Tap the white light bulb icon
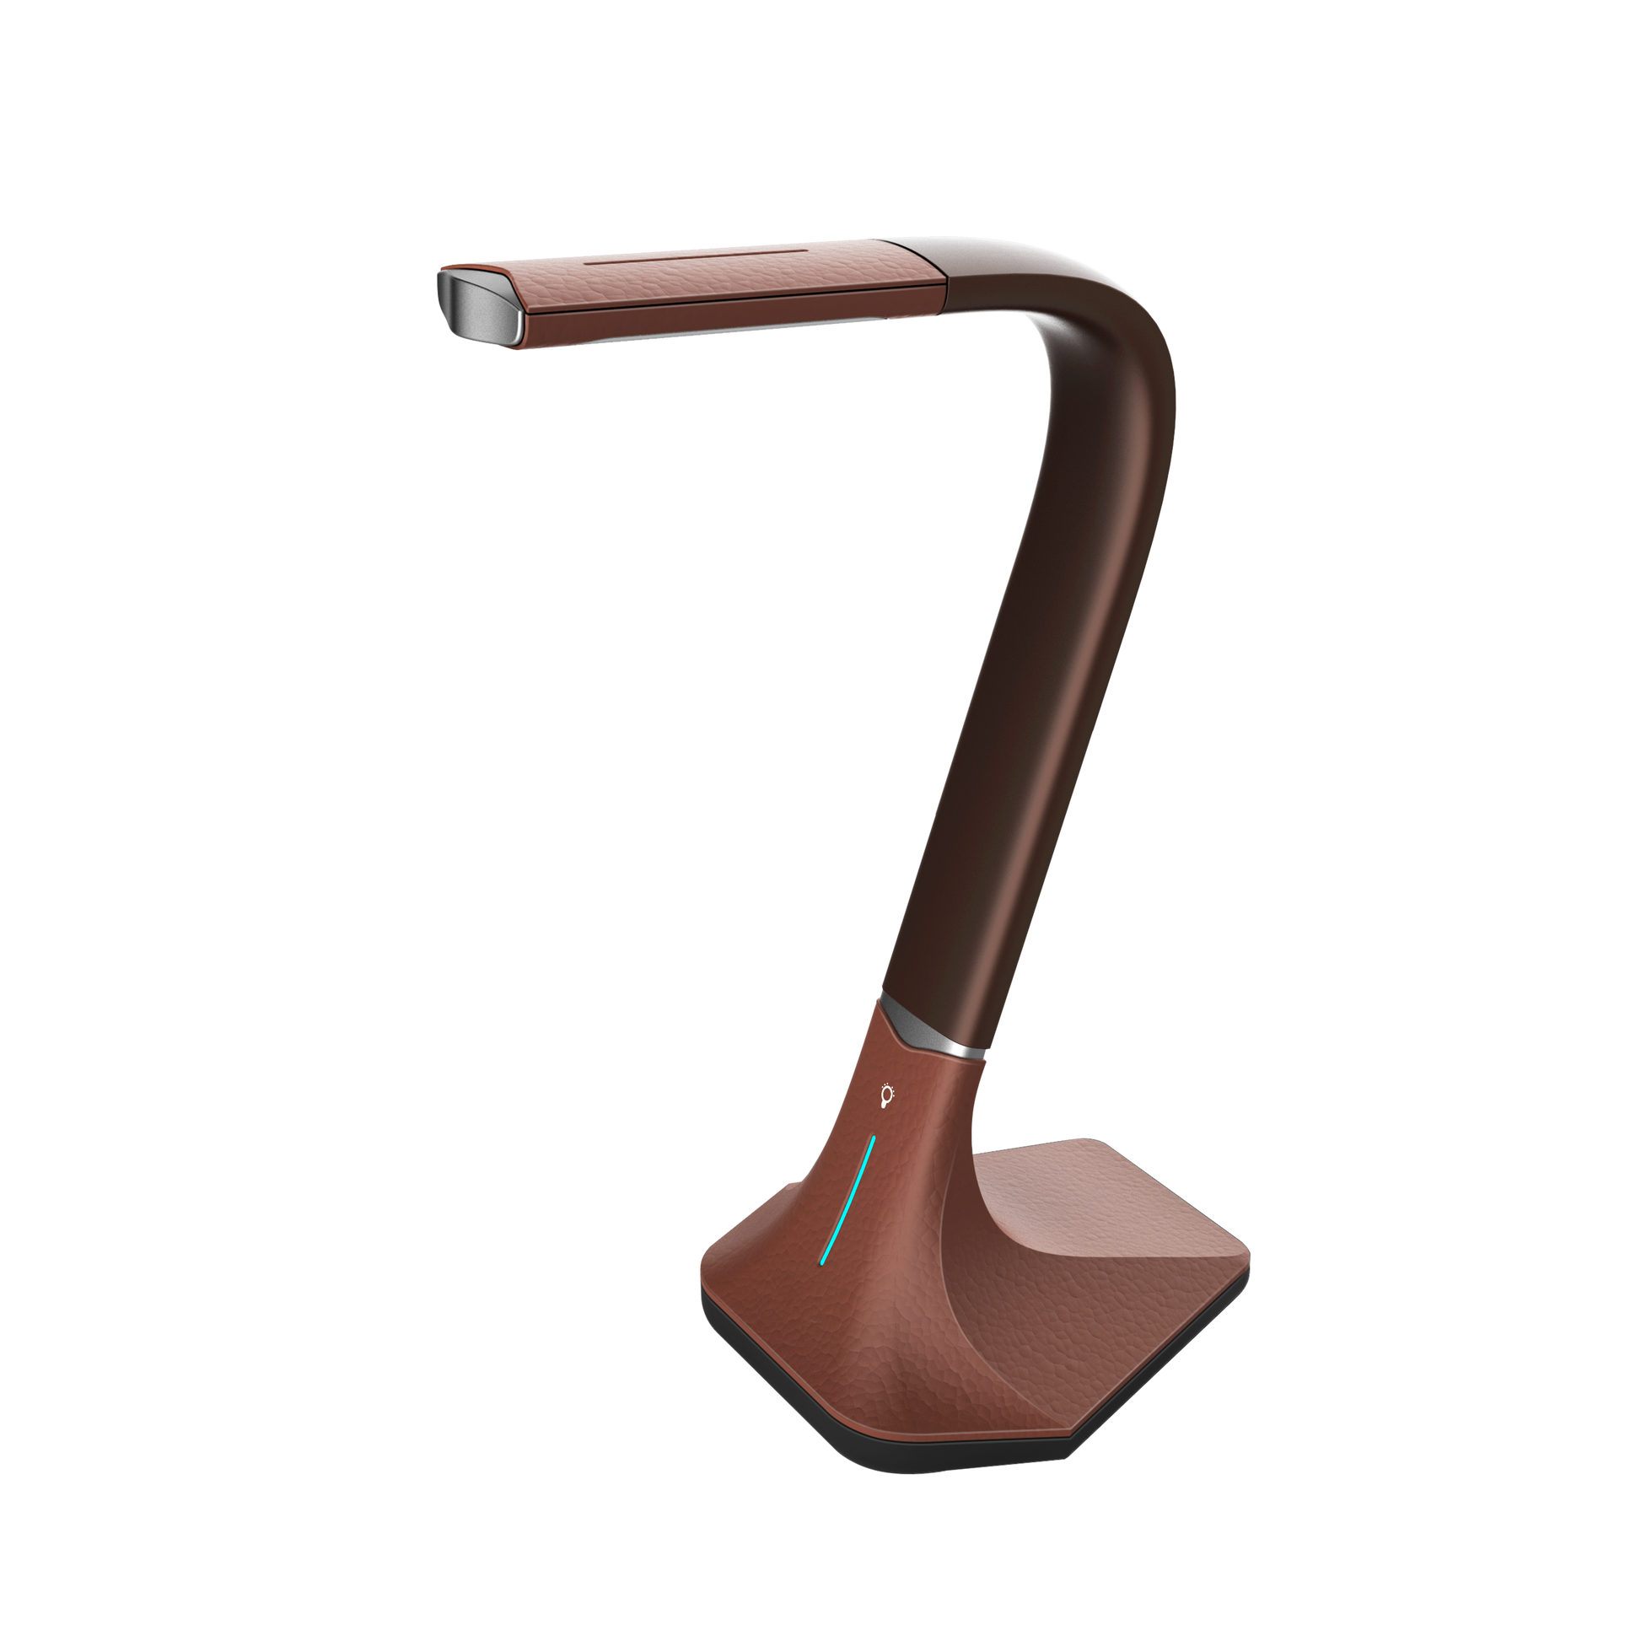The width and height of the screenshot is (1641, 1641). click(887, 1096)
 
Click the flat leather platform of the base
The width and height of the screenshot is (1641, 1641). click(1130, 1214)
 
